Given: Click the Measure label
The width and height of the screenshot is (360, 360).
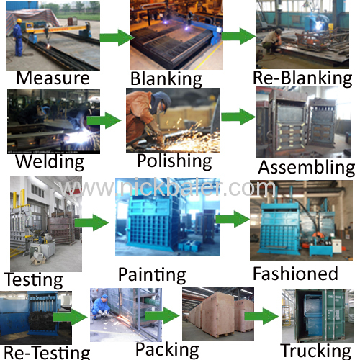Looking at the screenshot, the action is coord(53,78).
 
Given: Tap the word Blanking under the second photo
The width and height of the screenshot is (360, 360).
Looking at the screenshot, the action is coord(166,79).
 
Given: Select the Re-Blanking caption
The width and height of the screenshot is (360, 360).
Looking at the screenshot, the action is coord(302,78).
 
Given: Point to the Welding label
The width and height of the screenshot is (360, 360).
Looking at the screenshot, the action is coord(50,162).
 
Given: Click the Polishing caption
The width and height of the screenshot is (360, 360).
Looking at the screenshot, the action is coord(174,161).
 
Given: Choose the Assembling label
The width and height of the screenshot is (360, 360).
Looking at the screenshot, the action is coord(307,168).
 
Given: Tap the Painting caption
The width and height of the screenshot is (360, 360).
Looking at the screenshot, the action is coord(152,275).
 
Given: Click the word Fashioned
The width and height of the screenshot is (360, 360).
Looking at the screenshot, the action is coord(295,274).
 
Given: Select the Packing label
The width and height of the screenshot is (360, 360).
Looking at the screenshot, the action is coord(167,350).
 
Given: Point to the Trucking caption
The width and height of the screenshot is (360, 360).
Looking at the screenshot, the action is coord(316,351).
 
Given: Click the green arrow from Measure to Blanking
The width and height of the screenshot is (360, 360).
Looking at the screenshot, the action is coord(117,37).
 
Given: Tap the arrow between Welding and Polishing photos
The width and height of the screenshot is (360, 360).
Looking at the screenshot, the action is coord(104,120).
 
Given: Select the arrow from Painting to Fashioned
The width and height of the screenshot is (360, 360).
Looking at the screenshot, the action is coord(233,219).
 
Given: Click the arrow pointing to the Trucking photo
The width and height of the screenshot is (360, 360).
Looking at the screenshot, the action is coord(261,317).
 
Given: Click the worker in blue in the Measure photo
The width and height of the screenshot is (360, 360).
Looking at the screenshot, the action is coord(18,37).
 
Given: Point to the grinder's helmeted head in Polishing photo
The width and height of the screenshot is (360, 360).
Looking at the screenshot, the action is coord(160,102).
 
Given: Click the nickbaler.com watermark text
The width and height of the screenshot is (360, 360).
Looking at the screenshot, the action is coord(167,188).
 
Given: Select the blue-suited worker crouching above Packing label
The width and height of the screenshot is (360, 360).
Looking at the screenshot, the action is coord(101,307).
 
